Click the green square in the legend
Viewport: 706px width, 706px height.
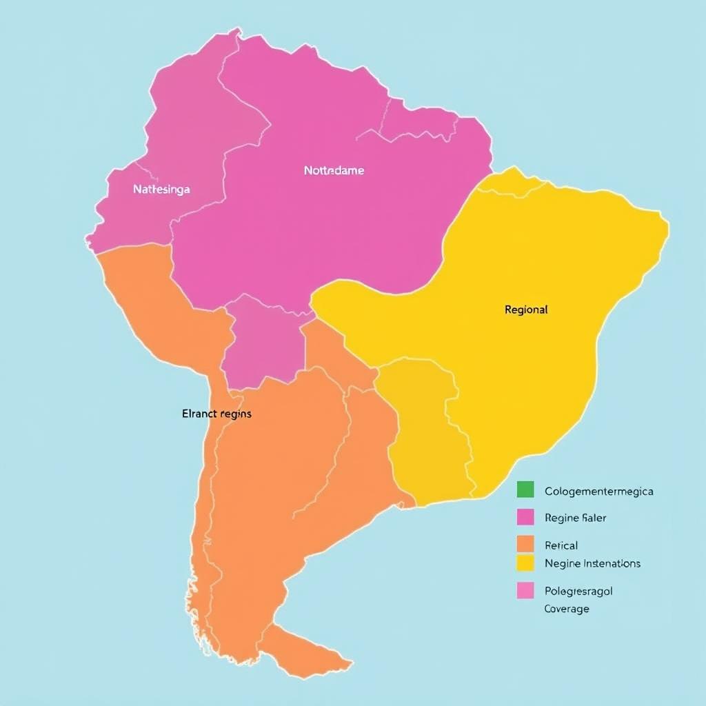click(x=525, y=490)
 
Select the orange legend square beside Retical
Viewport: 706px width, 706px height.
click(x=525, y=544)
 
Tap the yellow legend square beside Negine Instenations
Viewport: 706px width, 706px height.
click(x=525, y=563)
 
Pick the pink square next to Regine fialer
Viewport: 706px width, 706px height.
click(x=525, y=516)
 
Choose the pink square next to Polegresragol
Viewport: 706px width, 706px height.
click(x=525, y=590)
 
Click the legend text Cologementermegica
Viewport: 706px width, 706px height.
click(x=598, y=492)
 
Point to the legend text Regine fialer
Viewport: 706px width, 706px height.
click(x=575, y=518)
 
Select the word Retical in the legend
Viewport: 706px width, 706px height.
click(x=561, y=545)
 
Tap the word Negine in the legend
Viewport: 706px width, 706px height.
click(x=562, y=563)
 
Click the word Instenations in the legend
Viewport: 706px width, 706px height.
click(x=612, y=563)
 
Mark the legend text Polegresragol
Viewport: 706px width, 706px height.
click(x=578, y=591)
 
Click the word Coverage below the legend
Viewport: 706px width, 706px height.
click(x=566, y=609)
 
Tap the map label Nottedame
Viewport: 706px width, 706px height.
click(x=334, y=170)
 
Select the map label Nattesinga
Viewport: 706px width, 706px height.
click(x=161, y=189)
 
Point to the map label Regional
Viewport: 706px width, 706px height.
click(x=526, y=310)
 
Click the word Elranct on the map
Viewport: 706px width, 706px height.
click(x=199, y=414)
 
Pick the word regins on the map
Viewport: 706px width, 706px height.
click(x=236, y=414)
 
